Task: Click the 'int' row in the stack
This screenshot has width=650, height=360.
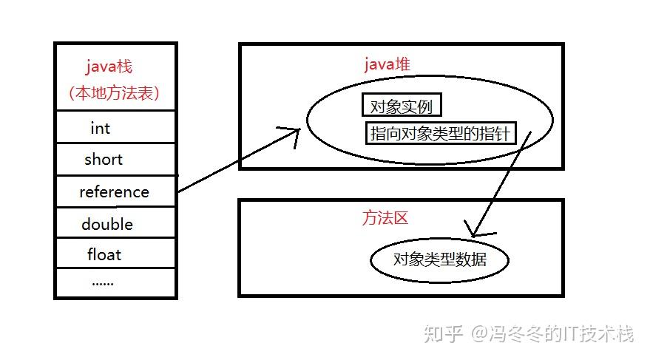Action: coord(100,129)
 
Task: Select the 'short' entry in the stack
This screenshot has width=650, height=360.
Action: coord(104,160)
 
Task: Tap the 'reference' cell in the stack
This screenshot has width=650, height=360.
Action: coord(114,192)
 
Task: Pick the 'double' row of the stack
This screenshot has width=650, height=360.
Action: coord(107,224)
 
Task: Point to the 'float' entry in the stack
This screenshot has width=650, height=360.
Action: coord(104,255)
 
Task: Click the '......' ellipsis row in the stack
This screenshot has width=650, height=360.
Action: coord(102,282)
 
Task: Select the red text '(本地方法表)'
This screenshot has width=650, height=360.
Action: coord(114,94)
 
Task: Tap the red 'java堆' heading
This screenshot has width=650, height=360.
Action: coord(387,65)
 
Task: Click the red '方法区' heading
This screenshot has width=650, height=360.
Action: coord(385,218)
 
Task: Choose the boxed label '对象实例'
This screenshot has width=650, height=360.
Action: coord(402,106)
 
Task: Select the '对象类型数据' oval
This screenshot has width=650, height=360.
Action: coord(439,260)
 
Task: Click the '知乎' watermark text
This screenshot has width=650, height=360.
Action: coord(439,334)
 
